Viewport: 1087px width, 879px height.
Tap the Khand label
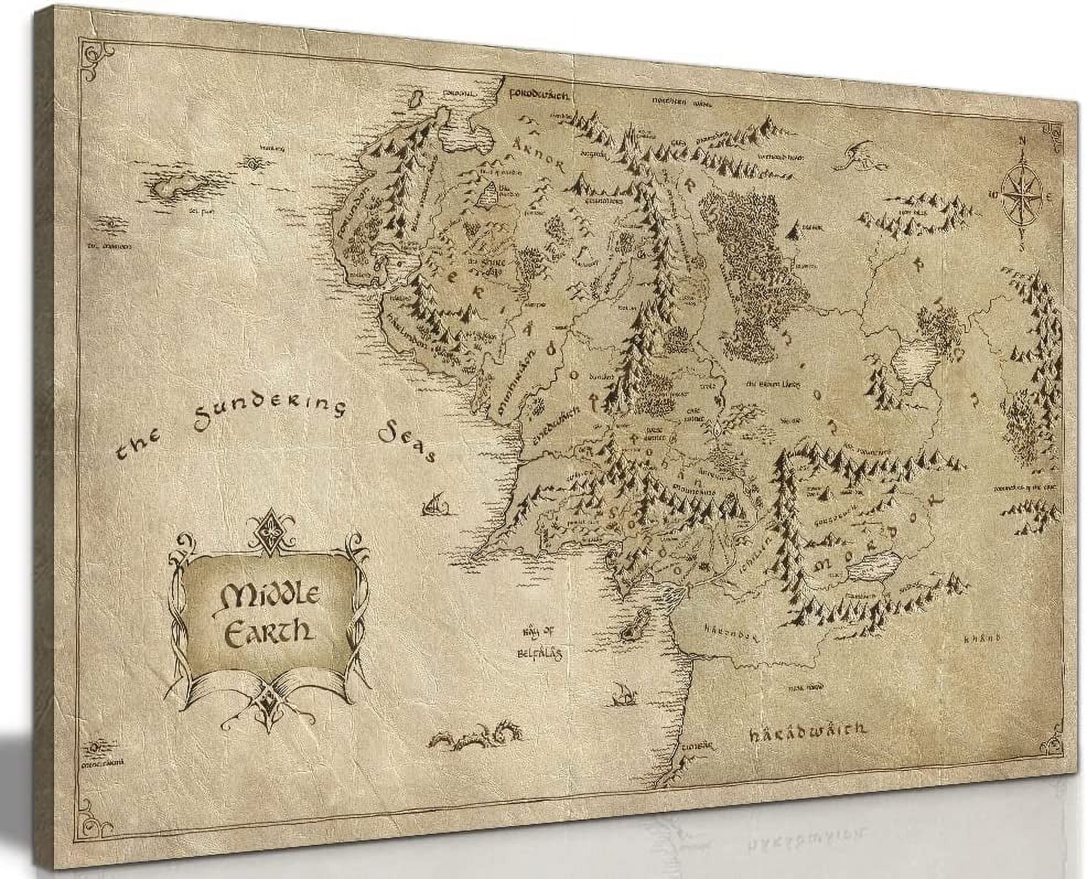[982, 639]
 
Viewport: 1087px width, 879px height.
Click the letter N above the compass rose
[1021, 140]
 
